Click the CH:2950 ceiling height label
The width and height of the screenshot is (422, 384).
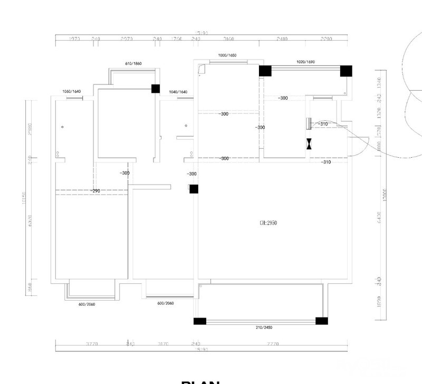tap(268, 223)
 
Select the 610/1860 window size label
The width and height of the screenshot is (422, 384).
tap(133, 63)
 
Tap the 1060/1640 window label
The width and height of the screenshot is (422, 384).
tap(72, 92)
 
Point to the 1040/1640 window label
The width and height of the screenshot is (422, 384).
tap(178, 92)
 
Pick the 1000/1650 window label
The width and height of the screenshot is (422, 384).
tap(228, 55)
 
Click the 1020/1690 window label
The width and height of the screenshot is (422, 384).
tap(305, 62)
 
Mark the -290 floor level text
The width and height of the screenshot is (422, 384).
tap(95, 190)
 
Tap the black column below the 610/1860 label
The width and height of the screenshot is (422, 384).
tap(156, 89)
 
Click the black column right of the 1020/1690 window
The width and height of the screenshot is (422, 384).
tap(346, 71)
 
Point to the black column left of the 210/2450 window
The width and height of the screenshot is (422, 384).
tap(199, 321)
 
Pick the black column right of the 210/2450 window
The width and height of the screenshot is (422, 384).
tap(321, 321)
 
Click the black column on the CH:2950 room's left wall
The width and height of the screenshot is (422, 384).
tap(194, 189)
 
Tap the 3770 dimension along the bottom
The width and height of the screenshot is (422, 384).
tap(92, 344)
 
